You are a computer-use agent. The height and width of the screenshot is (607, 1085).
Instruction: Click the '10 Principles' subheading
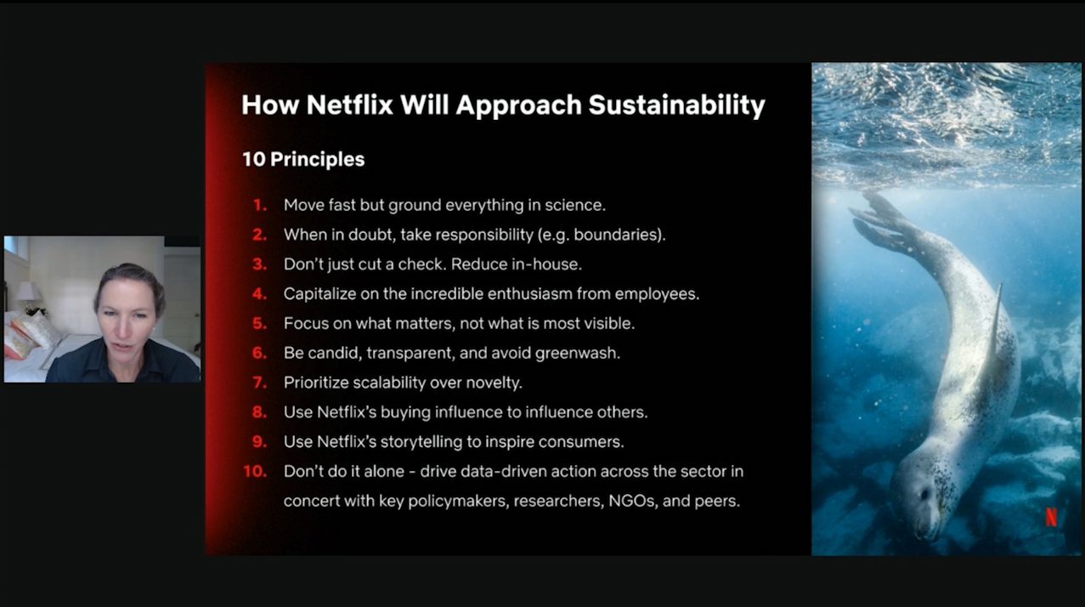(x=303, y=159)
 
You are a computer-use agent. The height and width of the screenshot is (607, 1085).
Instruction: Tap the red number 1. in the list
(x=260, y=205)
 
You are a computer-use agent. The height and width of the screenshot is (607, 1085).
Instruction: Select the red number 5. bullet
(x=260, y=323)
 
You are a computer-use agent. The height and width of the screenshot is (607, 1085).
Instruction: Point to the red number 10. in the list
(x=255, y=471)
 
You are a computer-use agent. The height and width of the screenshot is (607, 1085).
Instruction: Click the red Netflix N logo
(x=1051, y=517)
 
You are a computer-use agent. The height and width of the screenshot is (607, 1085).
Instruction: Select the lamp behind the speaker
(x=27, y=293)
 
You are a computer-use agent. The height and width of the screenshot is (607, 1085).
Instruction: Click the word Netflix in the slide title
(x=349, y=105)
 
